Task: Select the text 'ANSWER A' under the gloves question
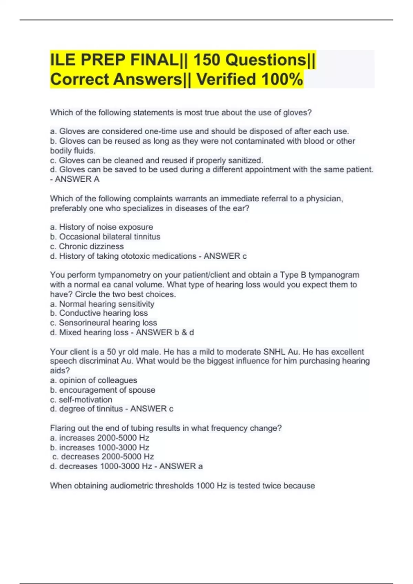click(77, 179)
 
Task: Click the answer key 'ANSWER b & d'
click(165, 332)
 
